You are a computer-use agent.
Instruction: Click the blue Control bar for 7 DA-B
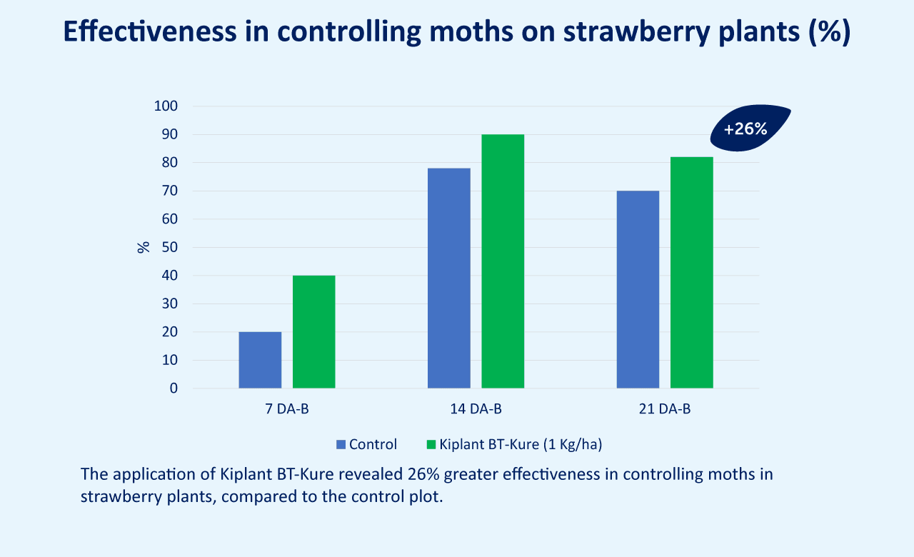click(260, 360)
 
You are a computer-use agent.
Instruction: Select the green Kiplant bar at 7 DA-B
click(313, 332)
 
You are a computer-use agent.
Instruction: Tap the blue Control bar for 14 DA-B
click(449, 278)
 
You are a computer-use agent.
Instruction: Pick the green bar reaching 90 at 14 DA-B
click(503, 261)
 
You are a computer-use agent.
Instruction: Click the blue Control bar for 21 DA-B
click(638, 289)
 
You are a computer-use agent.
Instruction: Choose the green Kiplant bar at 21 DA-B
click(692, 273)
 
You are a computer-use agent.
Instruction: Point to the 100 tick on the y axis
click(166, 106)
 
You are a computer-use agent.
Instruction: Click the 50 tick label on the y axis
click(170, 247)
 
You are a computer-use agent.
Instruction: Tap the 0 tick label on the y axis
click(174, 388)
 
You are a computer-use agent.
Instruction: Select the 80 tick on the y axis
click(170, 162)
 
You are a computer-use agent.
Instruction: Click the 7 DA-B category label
click(287, 409)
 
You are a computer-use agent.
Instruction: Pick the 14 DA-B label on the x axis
click(476, 409)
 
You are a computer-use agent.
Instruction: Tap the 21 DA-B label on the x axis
click(665, 409)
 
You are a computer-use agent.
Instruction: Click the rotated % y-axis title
click(144, 247)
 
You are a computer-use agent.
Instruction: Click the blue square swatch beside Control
click(341, 444)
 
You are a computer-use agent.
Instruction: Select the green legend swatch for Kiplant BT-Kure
click(431, 444)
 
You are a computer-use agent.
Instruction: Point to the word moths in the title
click(471, 31)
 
